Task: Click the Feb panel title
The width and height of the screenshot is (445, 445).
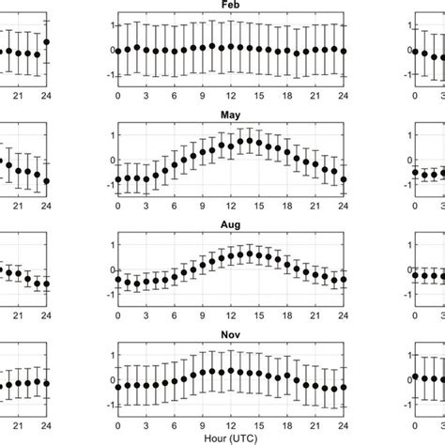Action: [x=230, y=5]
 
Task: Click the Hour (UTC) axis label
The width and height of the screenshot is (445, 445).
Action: [x=230, y=437]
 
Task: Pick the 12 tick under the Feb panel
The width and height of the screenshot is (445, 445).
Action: [x=230, y=95]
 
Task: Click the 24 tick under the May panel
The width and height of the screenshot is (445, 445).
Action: [x=343, y=206]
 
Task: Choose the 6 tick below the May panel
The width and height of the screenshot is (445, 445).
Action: [x=174, y=206]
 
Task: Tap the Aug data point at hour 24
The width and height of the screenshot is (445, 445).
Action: [x=343, y=279]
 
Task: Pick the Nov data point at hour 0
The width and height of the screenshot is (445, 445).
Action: [x=117, y=386]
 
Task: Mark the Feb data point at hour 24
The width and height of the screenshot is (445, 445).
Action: [x=343, y=51]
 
